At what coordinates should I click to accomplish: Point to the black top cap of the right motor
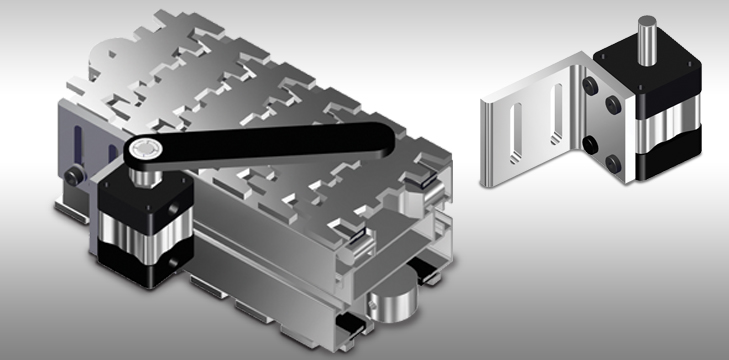(x=655, y=76)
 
